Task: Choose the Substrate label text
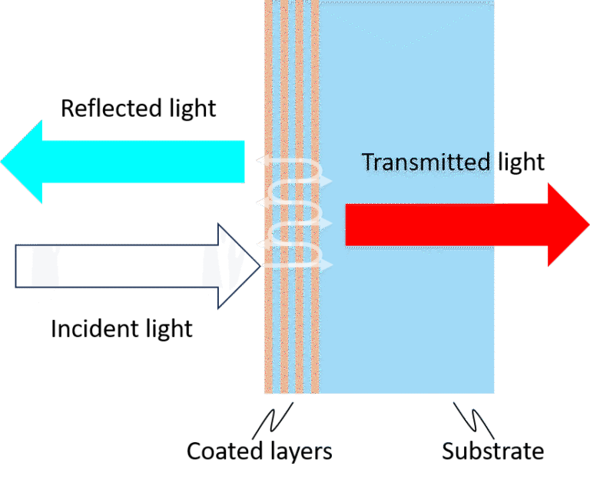click(x=492, y=451)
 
